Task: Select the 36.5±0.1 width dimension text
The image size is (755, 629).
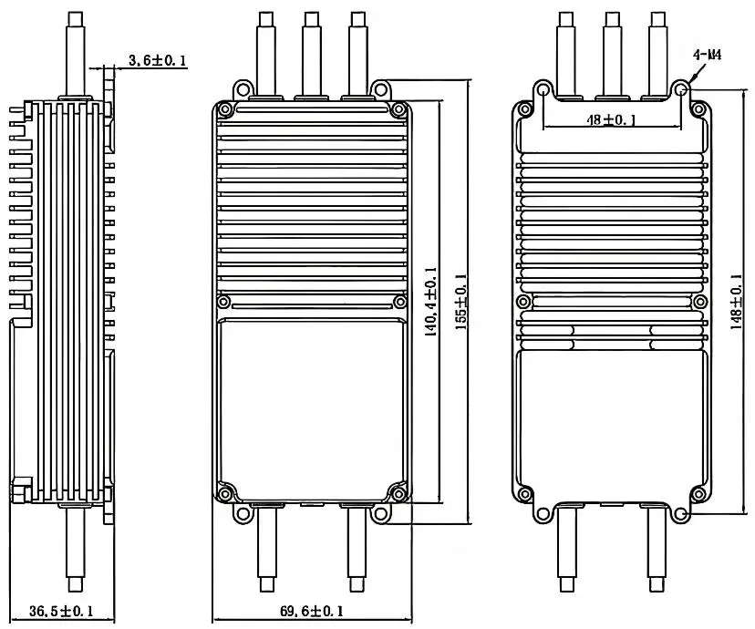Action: coord(62,611)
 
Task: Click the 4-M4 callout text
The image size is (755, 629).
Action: coord(708,56)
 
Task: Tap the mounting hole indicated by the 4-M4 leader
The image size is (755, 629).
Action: coord(680,89)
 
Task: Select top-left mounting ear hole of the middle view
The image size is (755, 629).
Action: coord(243,89)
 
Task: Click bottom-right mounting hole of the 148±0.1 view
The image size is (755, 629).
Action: coord(680,514)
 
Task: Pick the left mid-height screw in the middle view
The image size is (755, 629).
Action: coord(224,302)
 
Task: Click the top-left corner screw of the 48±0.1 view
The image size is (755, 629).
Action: coord(523,109)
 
